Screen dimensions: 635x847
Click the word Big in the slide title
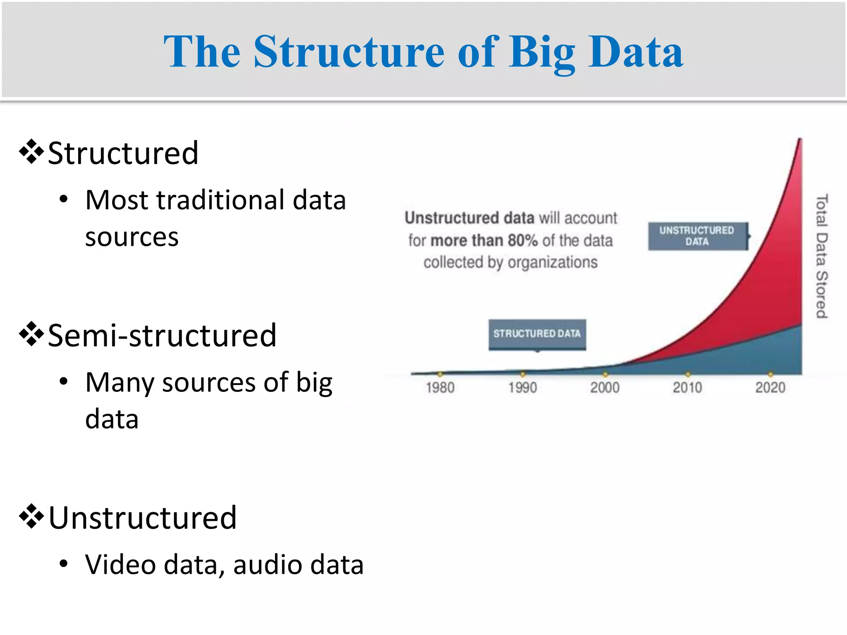(542, 53)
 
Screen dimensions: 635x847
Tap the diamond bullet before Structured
(31, 152)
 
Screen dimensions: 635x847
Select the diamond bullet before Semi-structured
(31, 334)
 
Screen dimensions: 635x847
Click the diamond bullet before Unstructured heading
(31, 517)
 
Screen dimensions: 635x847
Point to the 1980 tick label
(440, 388)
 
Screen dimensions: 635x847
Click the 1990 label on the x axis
(522, 388)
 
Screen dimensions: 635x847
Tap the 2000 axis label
(605, 388)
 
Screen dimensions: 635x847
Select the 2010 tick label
(687, 388)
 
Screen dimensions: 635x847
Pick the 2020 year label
(770, 388)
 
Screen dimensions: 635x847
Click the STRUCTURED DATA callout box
(537, 334)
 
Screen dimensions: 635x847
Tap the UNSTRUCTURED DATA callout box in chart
(697, 236)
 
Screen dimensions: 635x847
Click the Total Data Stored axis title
(821, 256)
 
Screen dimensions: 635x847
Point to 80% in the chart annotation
(522, 241)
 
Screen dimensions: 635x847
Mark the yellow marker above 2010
(688, 374)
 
